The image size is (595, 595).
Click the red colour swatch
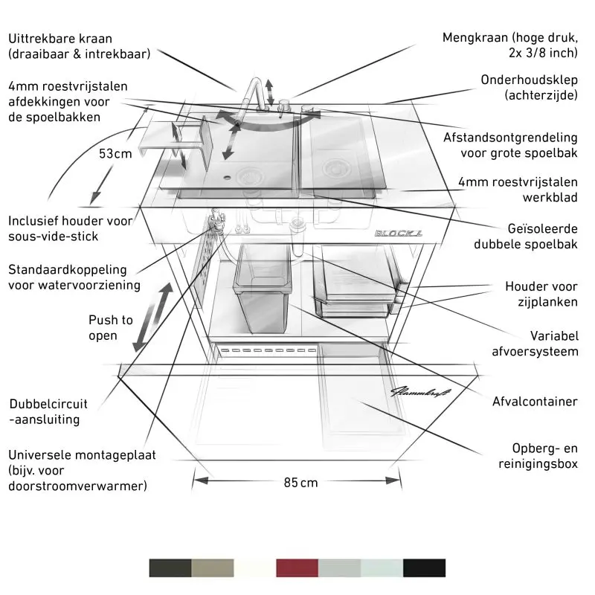pyautogui.click(x=297, y=567)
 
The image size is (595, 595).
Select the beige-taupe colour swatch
pyautogui.click(x=213, y=567)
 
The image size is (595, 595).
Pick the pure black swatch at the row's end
pyautogui.click(x=424, y=567)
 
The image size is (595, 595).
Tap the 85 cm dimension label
pyautogui.click(x=300, y=482)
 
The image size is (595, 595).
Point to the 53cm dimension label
pyautogui.click(x=115, y=154)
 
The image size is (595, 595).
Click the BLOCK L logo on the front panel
pyautogui.click(x=399, y=233)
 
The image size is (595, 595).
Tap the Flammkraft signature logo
pyautogui.click(x=420, y=392)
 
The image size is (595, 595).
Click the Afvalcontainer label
pyautogui.click(x=535, y=401)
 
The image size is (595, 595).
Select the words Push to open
pyautogui.click(x=110, y=327)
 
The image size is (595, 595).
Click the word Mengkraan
pyautogui.click(x=475, y=38)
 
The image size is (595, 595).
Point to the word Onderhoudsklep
pyautogui.click(x=529, y=80)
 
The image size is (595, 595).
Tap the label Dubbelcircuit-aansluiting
pyautogui.click(x=48, y=411)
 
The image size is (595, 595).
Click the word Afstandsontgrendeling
pyautogui.click(x=510, y=138)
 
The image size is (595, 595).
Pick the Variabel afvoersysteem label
pyautogui.click(x=535, y=344)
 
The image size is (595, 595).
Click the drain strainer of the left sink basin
pyautogui.click(x=248, y=176)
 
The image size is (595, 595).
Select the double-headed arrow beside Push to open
pyautogui.click(x=152, y=318)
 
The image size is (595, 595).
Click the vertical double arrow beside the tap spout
pyautogui.click(x=269, y=92)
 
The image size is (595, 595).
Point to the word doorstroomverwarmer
pyautogui.click(x=77, y=486)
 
